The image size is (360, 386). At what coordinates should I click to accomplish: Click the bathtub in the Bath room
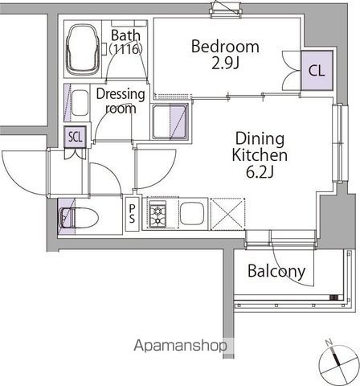click(x=82, y=50)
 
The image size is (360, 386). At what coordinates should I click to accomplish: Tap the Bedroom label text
click(x=225, y=47)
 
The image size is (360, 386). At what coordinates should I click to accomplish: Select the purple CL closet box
click(x=317, y=70)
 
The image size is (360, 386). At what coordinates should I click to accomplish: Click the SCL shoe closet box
click(x=76, y=137)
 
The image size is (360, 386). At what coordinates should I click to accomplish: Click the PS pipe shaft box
click(x=132, y=214)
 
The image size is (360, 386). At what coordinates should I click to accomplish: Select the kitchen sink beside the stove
click(x=192, y=214)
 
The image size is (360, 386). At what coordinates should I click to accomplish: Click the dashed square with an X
click(x=227, y=214)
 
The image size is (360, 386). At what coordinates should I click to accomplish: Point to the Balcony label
click(x=276, y=271)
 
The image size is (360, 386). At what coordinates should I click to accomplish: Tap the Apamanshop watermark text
click(x=181, y=346)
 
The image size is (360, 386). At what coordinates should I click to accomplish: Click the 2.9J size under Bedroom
click(x=225, y=64)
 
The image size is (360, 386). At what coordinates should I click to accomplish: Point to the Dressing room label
click(x=121, y=101)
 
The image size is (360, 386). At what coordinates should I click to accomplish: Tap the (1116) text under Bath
click(x=125, y=49)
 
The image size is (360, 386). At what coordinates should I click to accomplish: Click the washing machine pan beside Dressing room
click(x=170, y=122)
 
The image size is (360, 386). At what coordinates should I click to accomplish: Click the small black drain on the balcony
click(x=333, y=298)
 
